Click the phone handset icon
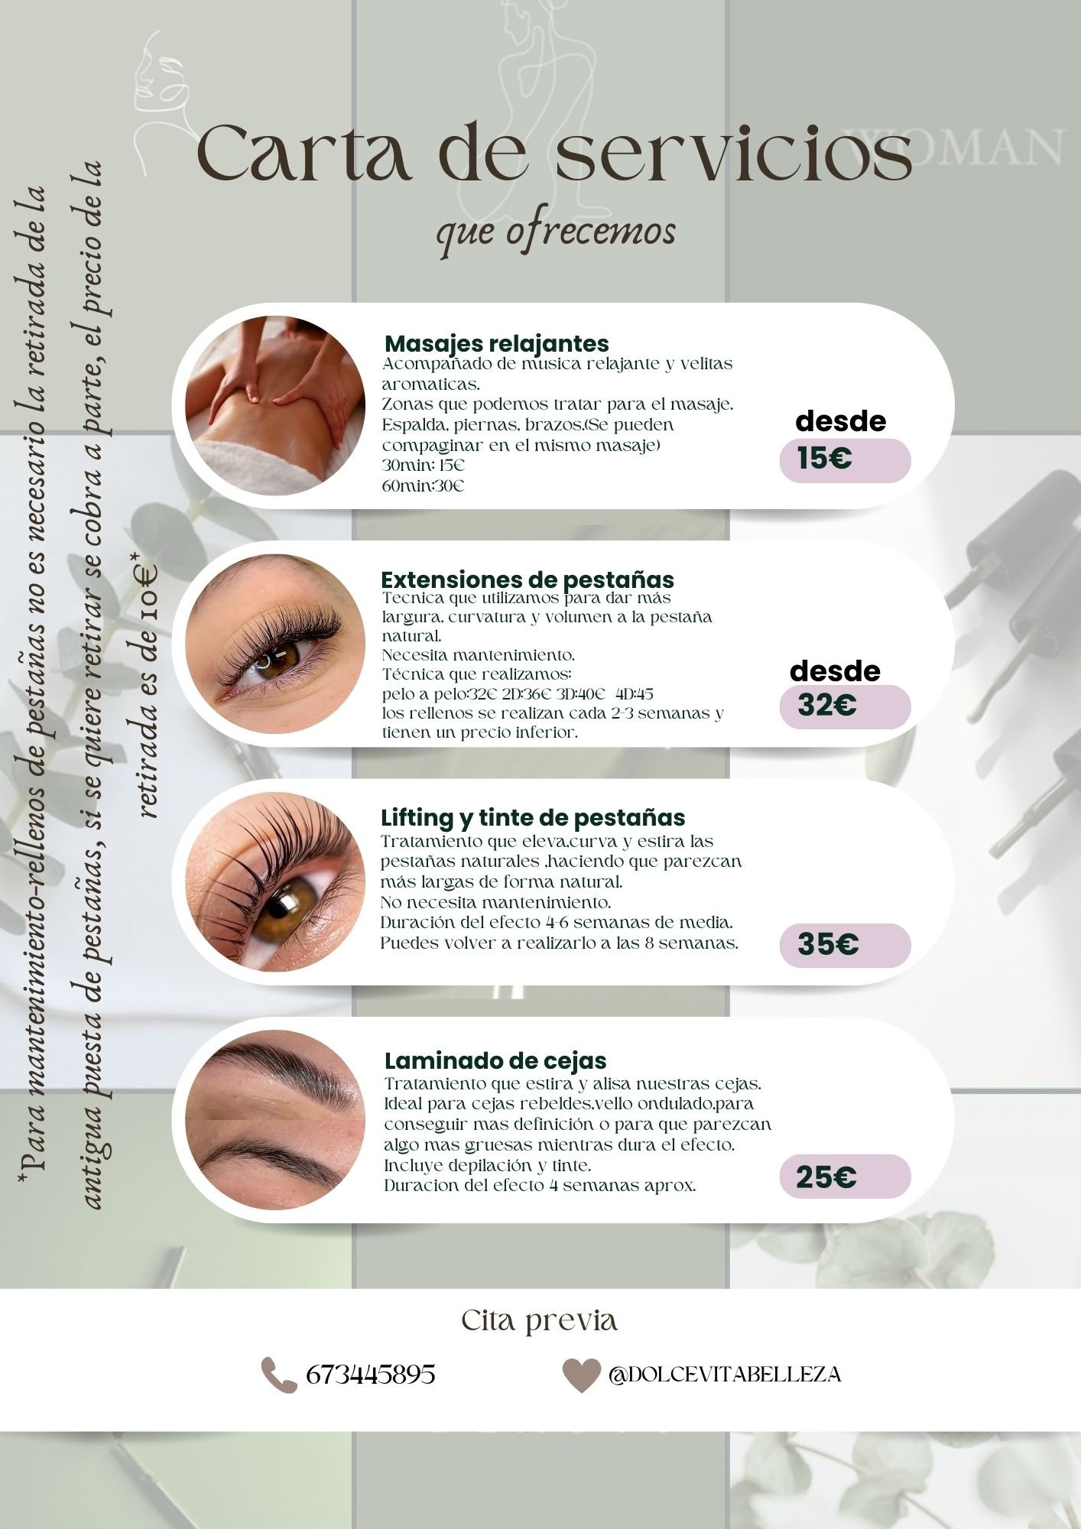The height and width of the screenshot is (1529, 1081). pos(279,1375)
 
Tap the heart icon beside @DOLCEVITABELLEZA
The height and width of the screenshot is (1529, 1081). pos(581,1375)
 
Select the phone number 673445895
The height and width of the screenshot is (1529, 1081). pos(371,1375)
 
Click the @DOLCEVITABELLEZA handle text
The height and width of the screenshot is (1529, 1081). pos(725,1375)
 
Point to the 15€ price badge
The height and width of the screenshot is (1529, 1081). pos(845,460)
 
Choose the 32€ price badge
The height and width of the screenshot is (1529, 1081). pos(845,706)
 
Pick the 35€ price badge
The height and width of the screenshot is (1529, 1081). pos(845,945)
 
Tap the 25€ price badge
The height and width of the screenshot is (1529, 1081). pos(845,1177)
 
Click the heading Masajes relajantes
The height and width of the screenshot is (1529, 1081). pos(497,343)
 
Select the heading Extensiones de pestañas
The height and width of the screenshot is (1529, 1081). pos(528,579)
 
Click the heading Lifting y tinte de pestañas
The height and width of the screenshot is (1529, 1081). pos(533,818)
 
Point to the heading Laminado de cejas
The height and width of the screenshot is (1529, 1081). pos(495,1060)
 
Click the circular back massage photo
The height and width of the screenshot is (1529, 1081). pos(275,406)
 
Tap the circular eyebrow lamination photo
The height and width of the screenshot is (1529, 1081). pos(275,1119)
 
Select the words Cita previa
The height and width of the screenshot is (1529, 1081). pos(540,1320)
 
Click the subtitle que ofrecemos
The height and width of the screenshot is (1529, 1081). pos(556,231)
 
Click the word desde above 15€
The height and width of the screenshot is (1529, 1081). pos(841,421)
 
